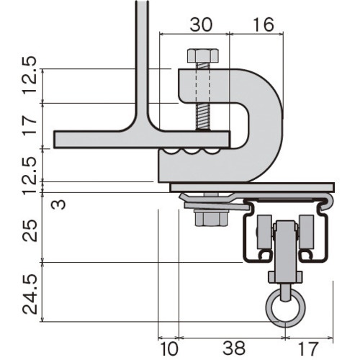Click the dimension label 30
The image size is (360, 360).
201,24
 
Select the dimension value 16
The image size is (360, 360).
264,24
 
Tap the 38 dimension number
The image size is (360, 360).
234,348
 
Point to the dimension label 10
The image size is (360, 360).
169,348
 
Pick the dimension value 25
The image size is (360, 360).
30,230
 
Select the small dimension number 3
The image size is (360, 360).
58,204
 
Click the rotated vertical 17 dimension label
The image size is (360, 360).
30,125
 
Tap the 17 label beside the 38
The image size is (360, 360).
308,348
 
